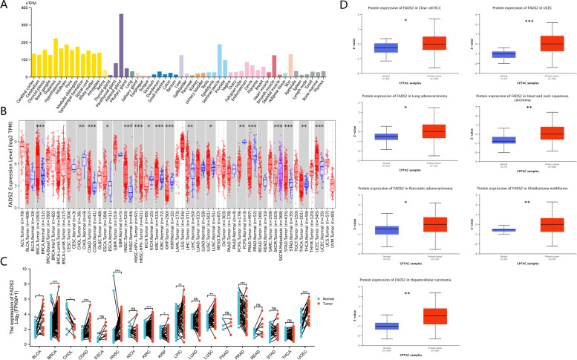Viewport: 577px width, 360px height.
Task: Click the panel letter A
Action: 5,5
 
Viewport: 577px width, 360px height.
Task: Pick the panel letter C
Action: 5,239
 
